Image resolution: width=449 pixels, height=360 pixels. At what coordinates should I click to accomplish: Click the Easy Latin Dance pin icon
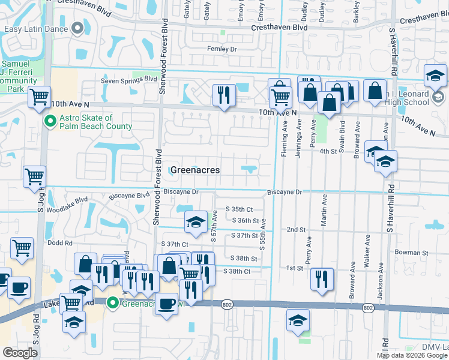(x=77, y=28)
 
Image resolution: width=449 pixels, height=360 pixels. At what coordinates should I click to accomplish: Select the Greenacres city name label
(x=195, y=170)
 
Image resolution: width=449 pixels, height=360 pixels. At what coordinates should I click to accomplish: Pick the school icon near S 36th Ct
(x=195, y=223)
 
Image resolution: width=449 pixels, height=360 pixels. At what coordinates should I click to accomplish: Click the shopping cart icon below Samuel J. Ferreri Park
(x=39, y=96)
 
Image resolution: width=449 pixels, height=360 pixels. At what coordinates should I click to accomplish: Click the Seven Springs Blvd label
(x=128, y=79)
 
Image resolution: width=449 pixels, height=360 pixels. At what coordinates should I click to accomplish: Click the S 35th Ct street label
(x=239, y=209)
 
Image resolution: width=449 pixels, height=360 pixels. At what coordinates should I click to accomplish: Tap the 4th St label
(x=328, y=151)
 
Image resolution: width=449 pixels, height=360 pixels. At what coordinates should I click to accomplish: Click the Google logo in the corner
(x=20, y=353)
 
